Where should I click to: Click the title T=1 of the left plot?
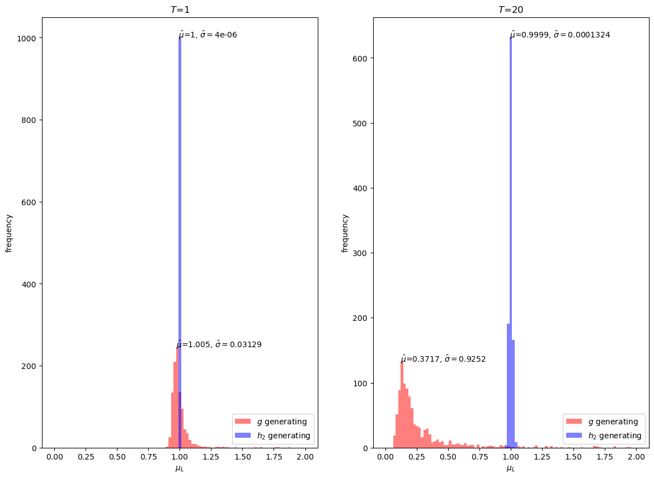180,10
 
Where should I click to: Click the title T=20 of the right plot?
511,10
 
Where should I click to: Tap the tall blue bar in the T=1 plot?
180,224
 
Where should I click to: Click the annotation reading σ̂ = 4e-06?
219,35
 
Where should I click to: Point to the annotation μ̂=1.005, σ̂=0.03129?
219,344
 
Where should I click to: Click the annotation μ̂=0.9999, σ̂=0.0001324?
560,35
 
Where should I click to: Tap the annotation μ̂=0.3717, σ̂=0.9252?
443,359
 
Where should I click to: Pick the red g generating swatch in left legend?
243,422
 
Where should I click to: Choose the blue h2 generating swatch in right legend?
574,436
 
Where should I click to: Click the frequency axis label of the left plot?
9,233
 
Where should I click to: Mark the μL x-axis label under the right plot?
511,468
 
